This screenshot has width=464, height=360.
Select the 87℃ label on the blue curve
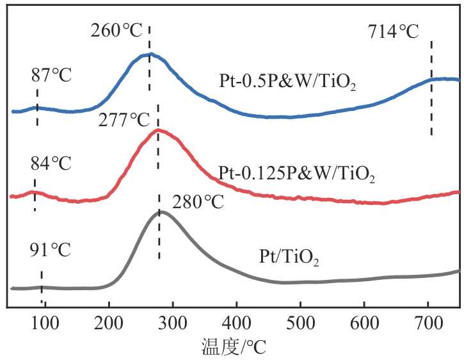[51, 75]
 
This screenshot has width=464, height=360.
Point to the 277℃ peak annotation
[124, 120]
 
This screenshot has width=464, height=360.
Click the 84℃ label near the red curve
[51, 163]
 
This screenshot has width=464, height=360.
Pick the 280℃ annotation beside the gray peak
[198, 202]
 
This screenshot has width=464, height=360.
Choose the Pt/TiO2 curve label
[289, 259]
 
